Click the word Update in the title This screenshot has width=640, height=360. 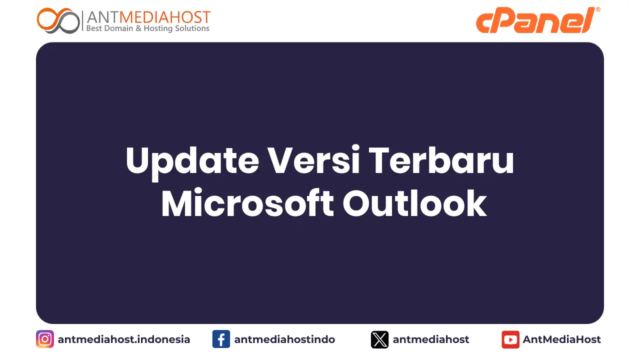(x=192, y=160)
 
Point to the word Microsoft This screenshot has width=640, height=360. (x=247, y=203)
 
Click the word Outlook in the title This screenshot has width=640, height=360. (x=414, y=203)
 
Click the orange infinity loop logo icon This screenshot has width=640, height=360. (x=58, y=20)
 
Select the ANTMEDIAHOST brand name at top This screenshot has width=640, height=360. (x=148, y=17)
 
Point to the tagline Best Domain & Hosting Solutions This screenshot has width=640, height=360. (x=148, y=28)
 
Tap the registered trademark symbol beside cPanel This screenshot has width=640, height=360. (x=598, y=9)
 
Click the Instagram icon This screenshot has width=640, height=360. (x=45, y=339)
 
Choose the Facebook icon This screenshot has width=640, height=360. (x=221, y=339)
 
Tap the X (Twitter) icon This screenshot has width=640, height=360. (x=379, y=339)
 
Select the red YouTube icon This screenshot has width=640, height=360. (x=510, y=339)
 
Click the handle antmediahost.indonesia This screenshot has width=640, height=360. (x=124, y=339)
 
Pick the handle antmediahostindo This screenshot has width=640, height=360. (x=284, y=339)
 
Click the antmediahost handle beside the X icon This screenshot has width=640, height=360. (x=431, y=339)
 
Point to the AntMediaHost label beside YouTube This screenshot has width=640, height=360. (x=562, y=339)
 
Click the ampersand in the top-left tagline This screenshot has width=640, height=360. (x=138, y=28)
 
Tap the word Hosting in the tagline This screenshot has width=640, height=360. (x=157, y=28)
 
